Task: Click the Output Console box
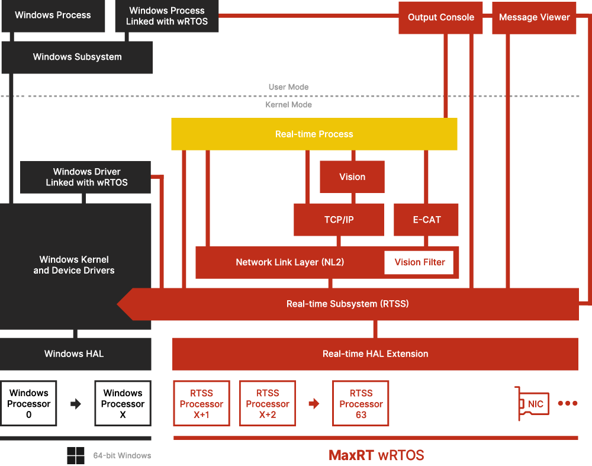tap(441, 17)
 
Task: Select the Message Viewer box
tap(534, 17)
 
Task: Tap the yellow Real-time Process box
tap(314, 134)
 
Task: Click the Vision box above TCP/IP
tap(352, 176)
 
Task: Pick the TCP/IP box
tap(339, 220)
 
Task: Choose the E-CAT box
tap(427, 220)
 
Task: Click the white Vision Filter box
tap(419, 262)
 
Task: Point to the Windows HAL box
tap(74, 353)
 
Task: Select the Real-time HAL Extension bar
tap(375, 353)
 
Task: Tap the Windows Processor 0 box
tap(28, 403)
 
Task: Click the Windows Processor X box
tap(123, 403)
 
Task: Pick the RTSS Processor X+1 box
tap(201, 403)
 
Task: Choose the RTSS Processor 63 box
tap(361, 403)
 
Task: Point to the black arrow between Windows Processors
tap(76, 404)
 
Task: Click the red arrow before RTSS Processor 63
tap(314, 404)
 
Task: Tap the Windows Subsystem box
tap(77, 57)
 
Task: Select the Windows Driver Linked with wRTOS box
tap(86, 177)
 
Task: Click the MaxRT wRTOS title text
tap(376, 455)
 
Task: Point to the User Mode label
tap(288, 87)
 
